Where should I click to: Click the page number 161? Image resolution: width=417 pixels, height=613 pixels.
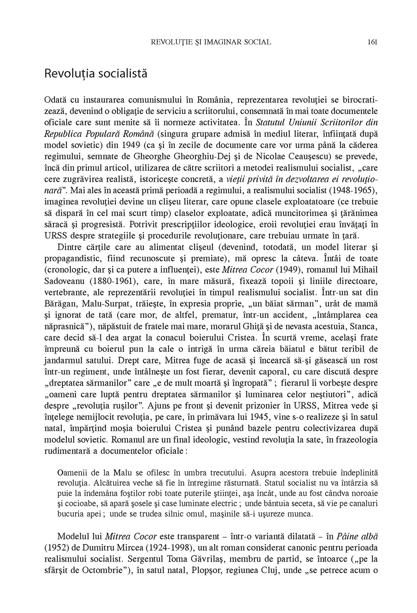(372, 42)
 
